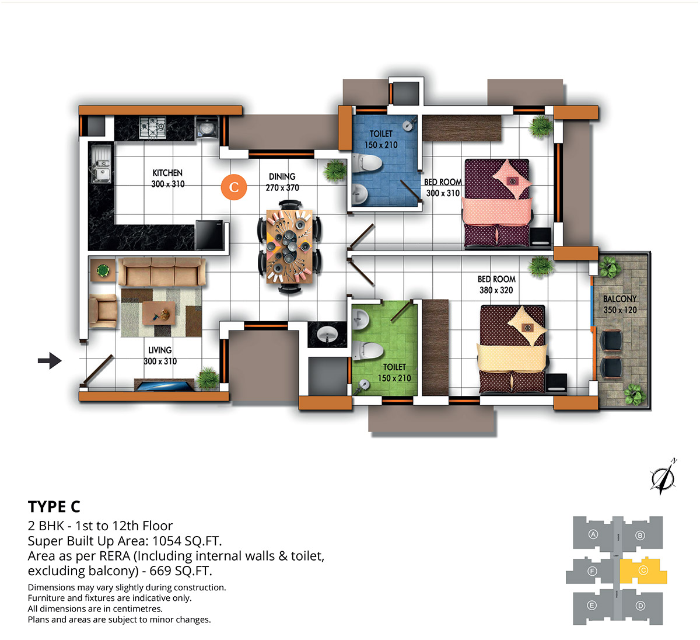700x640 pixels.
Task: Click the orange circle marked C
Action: (233, 187)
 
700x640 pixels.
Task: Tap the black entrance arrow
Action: (50, 360)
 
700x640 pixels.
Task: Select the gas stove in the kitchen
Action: (152, 127)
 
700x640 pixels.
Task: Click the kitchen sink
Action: (101, 164)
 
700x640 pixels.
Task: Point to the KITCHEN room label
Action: (167, 173)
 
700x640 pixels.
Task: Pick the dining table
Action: (289, 246)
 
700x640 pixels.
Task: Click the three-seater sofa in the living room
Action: (162, 272)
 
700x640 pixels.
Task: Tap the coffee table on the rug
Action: (159, 313)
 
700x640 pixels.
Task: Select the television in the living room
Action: (164, 385)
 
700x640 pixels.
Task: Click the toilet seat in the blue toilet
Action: (367, 163)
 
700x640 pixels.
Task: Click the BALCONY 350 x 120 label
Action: (619, 304)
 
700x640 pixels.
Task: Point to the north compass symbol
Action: (663, 476)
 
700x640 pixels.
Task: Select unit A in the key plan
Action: (593, 534)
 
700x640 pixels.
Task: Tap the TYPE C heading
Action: (54, 506)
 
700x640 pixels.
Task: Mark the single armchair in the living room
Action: (103, 310)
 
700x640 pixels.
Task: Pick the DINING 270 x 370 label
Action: (282, 182)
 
